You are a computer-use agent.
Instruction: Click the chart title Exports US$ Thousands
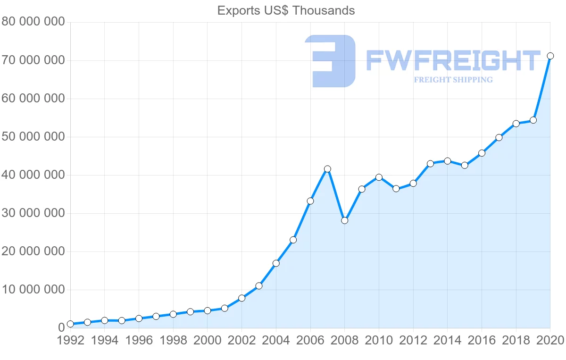[x=286, y=10]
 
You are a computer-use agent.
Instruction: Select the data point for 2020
[x=550, y=56]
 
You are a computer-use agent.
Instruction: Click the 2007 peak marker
[x=327, y=168]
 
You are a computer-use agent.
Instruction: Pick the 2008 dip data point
[x=344, y=220]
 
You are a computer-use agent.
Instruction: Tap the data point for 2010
[x=379, y=177]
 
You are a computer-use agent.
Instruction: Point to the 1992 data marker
[x=70, y=324]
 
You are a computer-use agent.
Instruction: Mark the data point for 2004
[x=276, y=263]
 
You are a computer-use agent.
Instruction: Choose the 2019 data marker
[x=533, y=120]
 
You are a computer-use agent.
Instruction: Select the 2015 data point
[x=465, y=165]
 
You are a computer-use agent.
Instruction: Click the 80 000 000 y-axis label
[x=33, y=22]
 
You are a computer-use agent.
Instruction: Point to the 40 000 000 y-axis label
[x=33, y=175]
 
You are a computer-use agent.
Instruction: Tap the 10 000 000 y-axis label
[x=33, y=290]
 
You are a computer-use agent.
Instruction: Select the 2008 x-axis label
[x=344, y=341]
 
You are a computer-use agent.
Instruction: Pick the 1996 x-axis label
[x=139, y=341]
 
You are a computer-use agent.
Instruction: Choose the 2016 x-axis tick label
[x=482, y=341]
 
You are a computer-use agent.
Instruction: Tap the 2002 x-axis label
[x=241, y=341]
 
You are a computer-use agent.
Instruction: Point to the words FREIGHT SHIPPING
[x=453, y=80]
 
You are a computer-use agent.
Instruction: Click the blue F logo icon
[x=330, y=61]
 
